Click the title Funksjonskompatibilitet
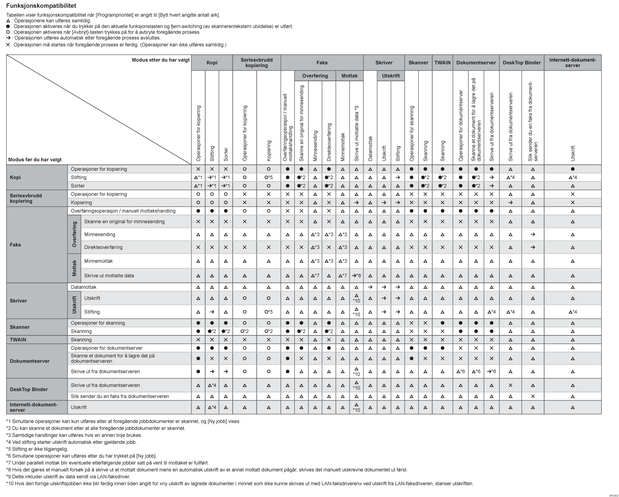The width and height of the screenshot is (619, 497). coord(35,6)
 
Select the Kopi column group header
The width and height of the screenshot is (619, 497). coord(212,63)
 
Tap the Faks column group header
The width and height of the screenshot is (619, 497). coord(322,63)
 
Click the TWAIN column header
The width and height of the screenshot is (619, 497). coord(442,63)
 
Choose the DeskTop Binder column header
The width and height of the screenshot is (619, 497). coord(521,63)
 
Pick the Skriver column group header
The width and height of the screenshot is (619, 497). coord(384,63)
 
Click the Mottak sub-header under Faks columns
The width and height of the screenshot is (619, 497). coord(350,76)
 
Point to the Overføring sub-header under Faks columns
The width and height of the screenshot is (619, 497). coord(315,76)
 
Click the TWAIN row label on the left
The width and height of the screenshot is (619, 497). coord(18,339)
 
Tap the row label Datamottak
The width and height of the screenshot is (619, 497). coord(84,287)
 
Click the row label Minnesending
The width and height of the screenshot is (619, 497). coord(100,234)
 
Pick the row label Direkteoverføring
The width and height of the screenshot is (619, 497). coord(103,247)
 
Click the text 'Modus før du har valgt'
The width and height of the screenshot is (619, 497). coord(35,160)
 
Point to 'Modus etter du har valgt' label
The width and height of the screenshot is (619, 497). coord(161,60)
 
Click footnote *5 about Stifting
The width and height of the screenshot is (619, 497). coord(37,449)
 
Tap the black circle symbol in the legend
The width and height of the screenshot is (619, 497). coord(8,26)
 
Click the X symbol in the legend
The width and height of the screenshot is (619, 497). coord(8,45)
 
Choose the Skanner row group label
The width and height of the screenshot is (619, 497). coord(20,327)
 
